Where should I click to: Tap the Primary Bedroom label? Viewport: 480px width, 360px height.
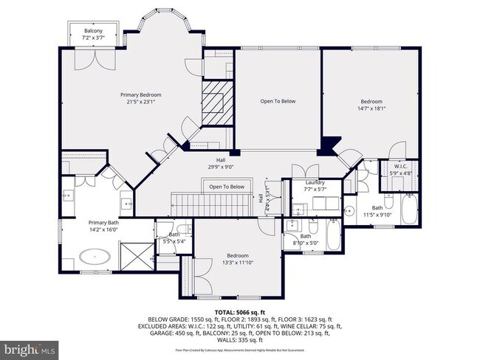point(141,94)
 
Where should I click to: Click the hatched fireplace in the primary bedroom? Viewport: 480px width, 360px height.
point(217,96)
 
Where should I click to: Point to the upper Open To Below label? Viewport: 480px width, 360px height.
point(278,101)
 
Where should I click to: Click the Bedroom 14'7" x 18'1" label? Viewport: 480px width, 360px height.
point(371,101)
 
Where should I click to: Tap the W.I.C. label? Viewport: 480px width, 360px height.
point(400,166)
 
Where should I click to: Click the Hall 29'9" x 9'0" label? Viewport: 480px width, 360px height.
point(220,161)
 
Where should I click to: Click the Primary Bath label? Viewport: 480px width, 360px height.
point(103,223)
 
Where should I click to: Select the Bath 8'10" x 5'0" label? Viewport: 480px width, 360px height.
point(305,238)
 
